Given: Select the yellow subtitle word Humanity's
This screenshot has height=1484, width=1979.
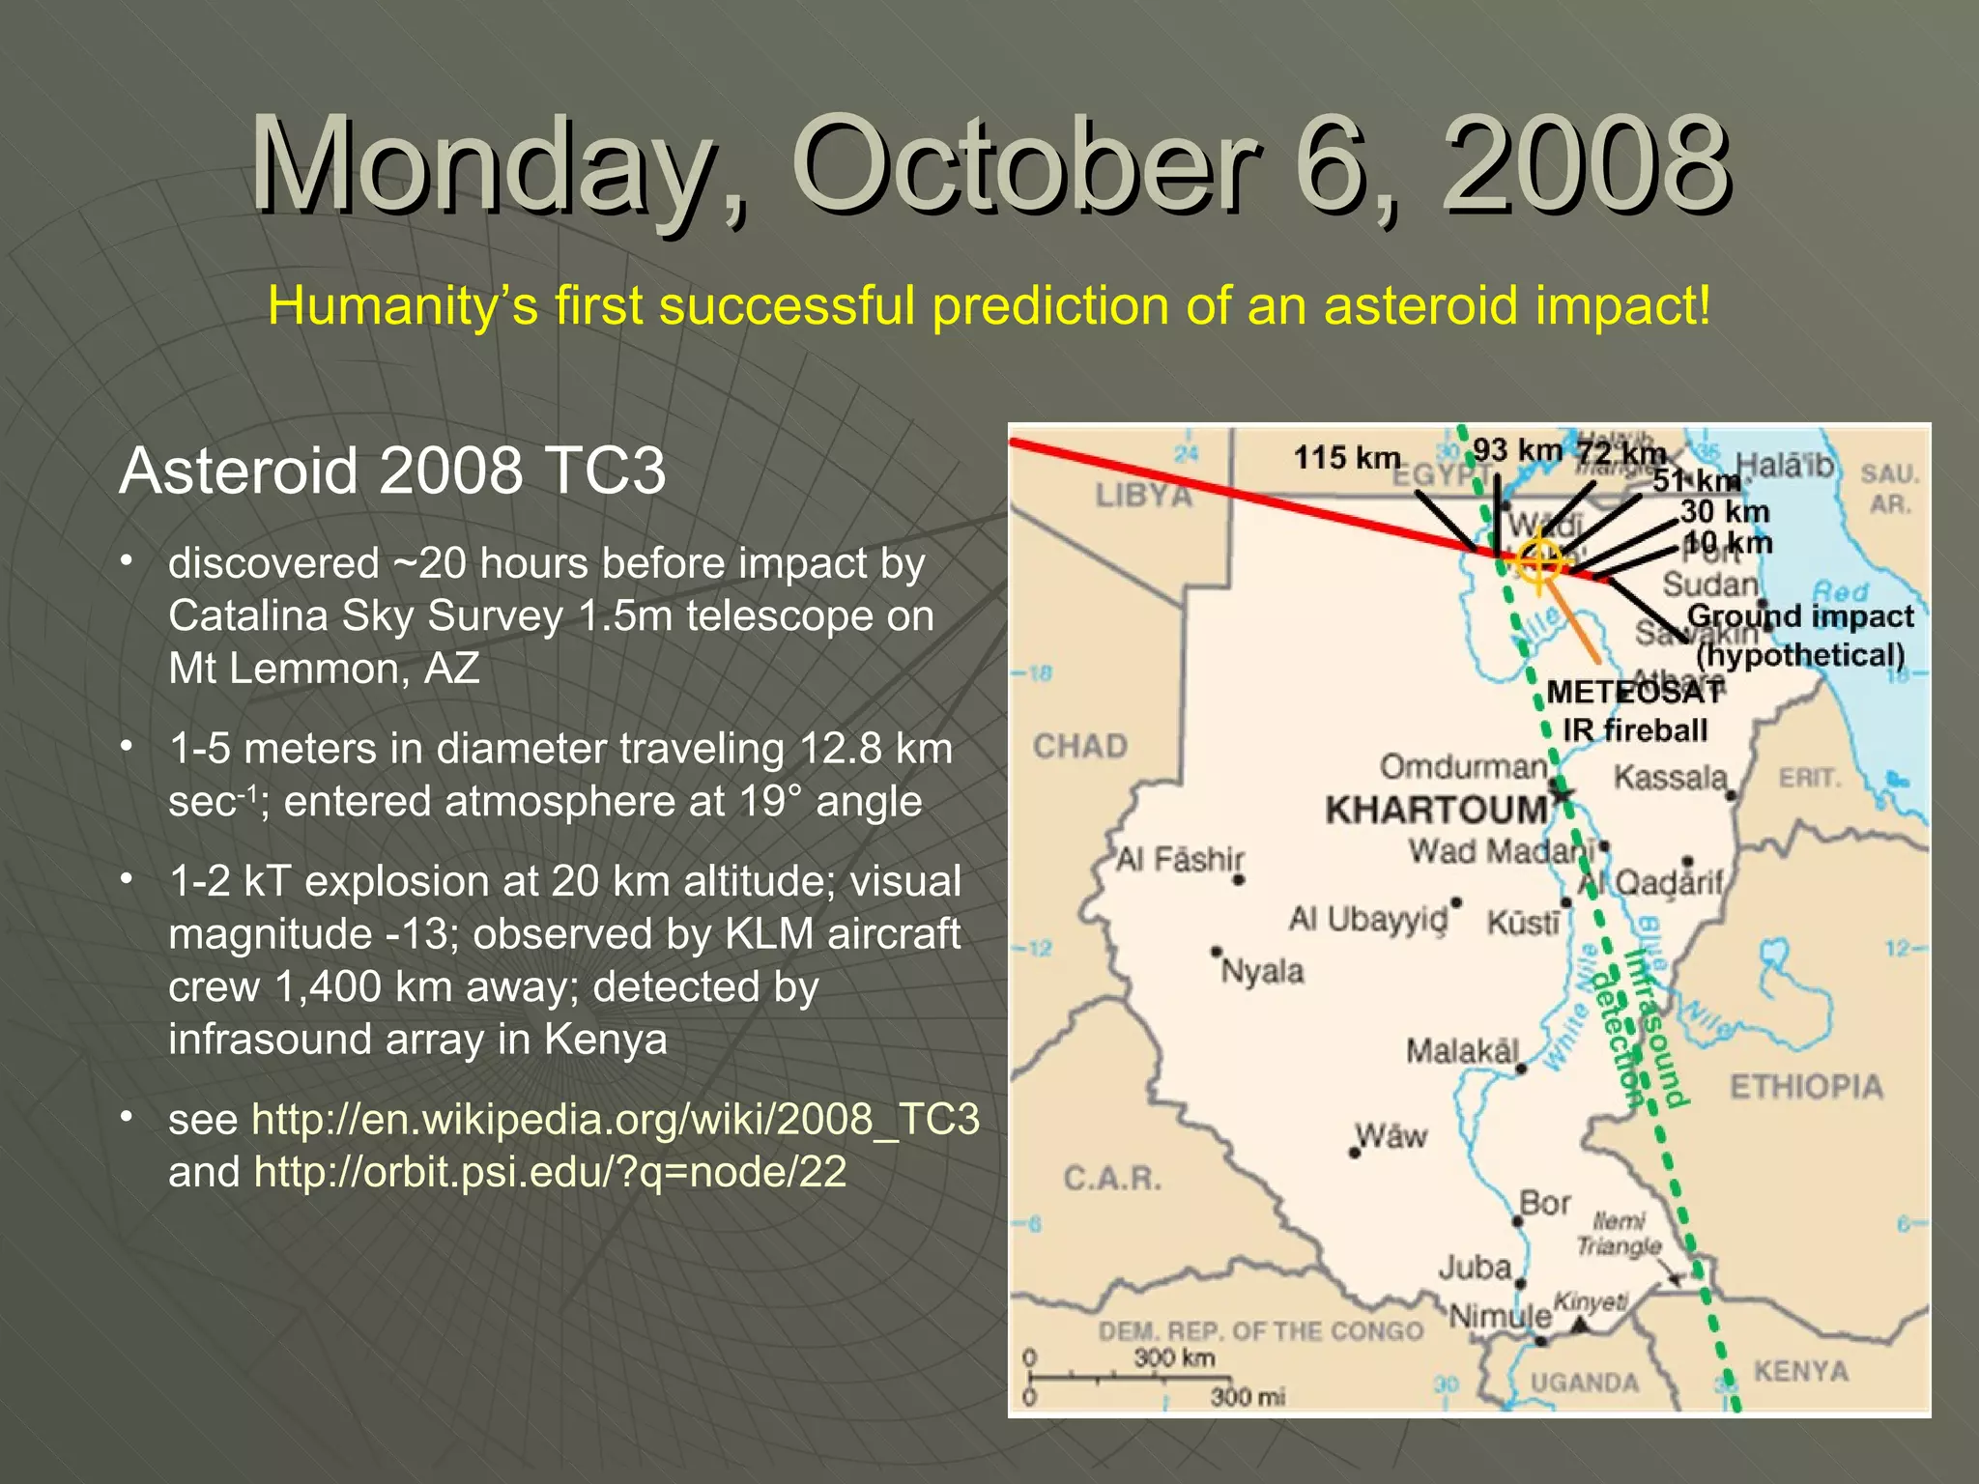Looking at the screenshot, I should point(401,306).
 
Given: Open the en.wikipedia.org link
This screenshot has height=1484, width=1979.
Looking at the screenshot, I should point(616,1119).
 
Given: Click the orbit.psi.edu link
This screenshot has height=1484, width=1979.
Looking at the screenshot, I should point(550,1172).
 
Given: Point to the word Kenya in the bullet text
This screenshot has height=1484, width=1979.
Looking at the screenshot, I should point(605,1040).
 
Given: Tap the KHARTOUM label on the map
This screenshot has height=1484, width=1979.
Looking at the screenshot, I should point(1436,810).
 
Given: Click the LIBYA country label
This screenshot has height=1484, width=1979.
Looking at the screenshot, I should point(1144,496).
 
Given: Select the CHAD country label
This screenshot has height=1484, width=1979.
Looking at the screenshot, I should point(1080,746).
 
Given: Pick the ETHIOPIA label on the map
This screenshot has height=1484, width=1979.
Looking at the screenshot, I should point(1806,1087).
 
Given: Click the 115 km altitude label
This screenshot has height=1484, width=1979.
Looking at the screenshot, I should point(1346,457).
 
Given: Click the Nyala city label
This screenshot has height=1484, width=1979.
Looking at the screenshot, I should point(1262,970).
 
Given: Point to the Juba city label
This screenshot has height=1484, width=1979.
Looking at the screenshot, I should point(1475,1267).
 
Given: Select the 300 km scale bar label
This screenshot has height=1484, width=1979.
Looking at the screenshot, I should point(1174,1357).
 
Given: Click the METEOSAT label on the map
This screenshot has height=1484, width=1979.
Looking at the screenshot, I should point(1634,692).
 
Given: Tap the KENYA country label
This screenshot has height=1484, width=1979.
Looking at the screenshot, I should point(1800,1371).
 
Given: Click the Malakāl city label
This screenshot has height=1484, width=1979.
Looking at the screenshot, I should point(1462,1050).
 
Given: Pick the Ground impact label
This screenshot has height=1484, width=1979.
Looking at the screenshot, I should point(1799,616).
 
